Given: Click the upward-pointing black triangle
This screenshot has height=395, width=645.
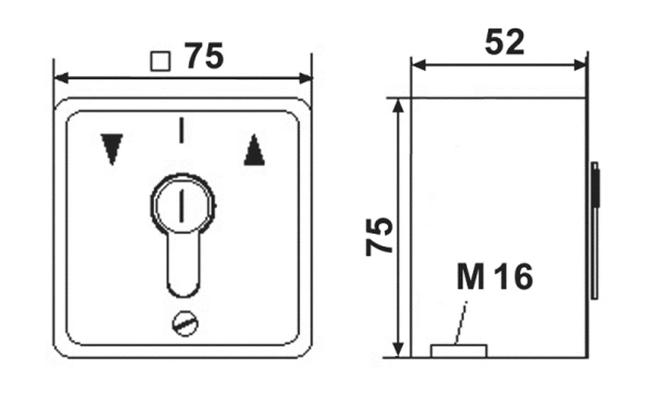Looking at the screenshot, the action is pos(254,150).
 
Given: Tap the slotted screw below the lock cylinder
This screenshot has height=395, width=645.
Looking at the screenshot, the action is pos(185,324).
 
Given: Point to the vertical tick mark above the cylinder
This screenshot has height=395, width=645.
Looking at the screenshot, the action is pos(181,130).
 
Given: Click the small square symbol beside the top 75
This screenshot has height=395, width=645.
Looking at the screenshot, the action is pos(160,62).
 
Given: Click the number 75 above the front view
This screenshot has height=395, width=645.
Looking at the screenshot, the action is pos(204,56).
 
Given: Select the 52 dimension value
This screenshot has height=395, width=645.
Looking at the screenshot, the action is pos(505,42).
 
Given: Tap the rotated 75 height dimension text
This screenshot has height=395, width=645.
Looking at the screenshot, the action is pos(380,236).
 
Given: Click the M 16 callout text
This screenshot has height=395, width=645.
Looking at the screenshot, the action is pos(495,277).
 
